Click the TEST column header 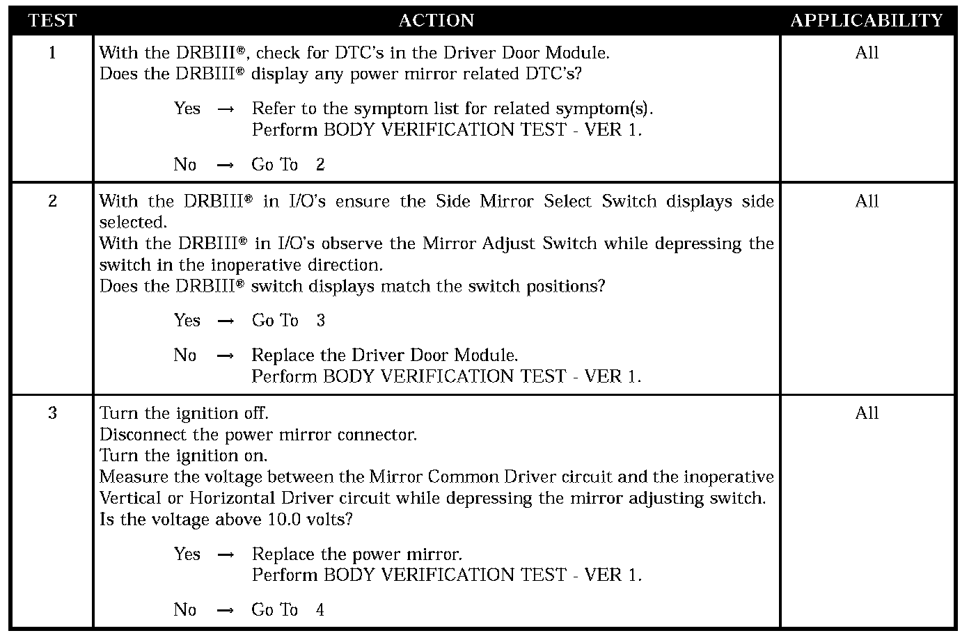coord(52,21)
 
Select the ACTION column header coord(436,21)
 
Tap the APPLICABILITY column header coord(867,21)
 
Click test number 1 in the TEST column coord(52,53)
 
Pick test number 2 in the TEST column coord(52,202)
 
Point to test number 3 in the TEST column coord(52,413)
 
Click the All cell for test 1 coord(867,53)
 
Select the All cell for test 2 coord(867,202)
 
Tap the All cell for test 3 coord(867,413)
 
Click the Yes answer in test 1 coord(187,109)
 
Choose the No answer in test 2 coord(185,355)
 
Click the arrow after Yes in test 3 coord(225,555)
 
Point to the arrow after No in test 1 coord(225,166)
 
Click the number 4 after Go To coord(320,610)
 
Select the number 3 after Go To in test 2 coord(320,321)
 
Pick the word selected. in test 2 coord(133,223)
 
